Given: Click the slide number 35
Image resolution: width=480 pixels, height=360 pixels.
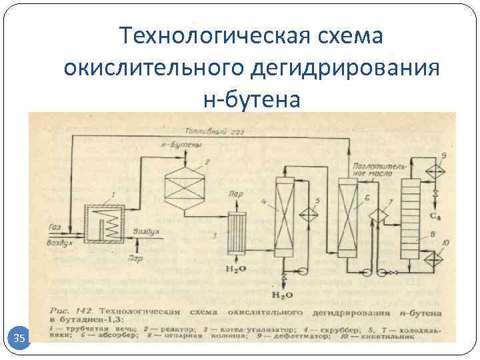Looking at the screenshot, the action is tap(19, 339).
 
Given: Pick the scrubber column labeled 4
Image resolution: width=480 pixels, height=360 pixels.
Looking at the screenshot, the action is tap(285, 217).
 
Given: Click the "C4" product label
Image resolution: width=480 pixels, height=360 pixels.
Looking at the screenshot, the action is tap(434, 216).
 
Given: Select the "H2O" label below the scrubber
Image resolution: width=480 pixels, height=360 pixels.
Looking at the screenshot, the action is tap(285, 293).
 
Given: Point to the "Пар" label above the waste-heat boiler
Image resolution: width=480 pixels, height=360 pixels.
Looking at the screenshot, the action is tap(235, 195).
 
